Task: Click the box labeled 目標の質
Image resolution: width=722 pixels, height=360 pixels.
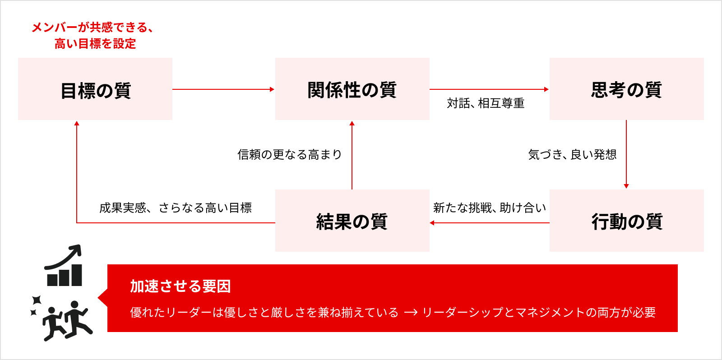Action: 95,89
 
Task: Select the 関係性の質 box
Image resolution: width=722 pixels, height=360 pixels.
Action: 352,89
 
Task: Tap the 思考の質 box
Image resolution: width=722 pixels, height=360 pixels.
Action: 626,89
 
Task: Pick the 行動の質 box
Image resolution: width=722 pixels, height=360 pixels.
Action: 626,221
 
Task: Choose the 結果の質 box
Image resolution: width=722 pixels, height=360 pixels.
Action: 352,221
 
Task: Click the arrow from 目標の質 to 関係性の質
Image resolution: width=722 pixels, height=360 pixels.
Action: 223,89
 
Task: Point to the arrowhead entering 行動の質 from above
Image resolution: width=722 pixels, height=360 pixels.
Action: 626,186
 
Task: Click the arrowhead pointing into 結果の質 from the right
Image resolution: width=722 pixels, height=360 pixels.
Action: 432,223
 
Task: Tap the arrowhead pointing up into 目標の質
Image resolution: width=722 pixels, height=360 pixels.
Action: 77,123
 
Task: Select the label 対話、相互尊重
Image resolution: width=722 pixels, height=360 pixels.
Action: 486,103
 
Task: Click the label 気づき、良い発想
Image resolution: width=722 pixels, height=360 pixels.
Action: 572,155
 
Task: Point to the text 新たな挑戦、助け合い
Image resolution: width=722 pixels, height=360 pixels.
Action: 490,208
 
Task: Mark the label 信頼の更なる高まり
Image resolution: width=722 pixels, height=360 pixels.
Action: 290,155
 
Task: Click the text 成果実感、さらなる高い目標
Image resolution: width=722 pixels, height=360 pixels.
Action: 176,208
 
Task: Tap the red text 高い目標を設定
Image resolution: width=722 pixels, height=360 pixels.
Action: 95,44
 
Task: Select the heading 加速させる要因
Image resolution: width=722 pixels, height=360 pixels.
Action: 180,286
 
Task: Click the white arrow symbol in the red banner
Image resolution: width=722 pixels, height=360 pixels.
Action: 411,312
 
